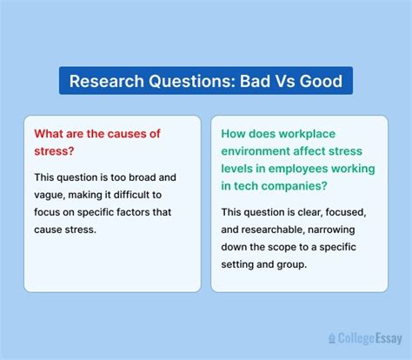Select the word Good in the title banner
(319, 82)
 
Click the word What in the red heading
(50, 134)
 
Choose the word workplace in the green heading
(323, 134)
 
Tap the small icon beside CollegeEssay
(331, 337)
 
